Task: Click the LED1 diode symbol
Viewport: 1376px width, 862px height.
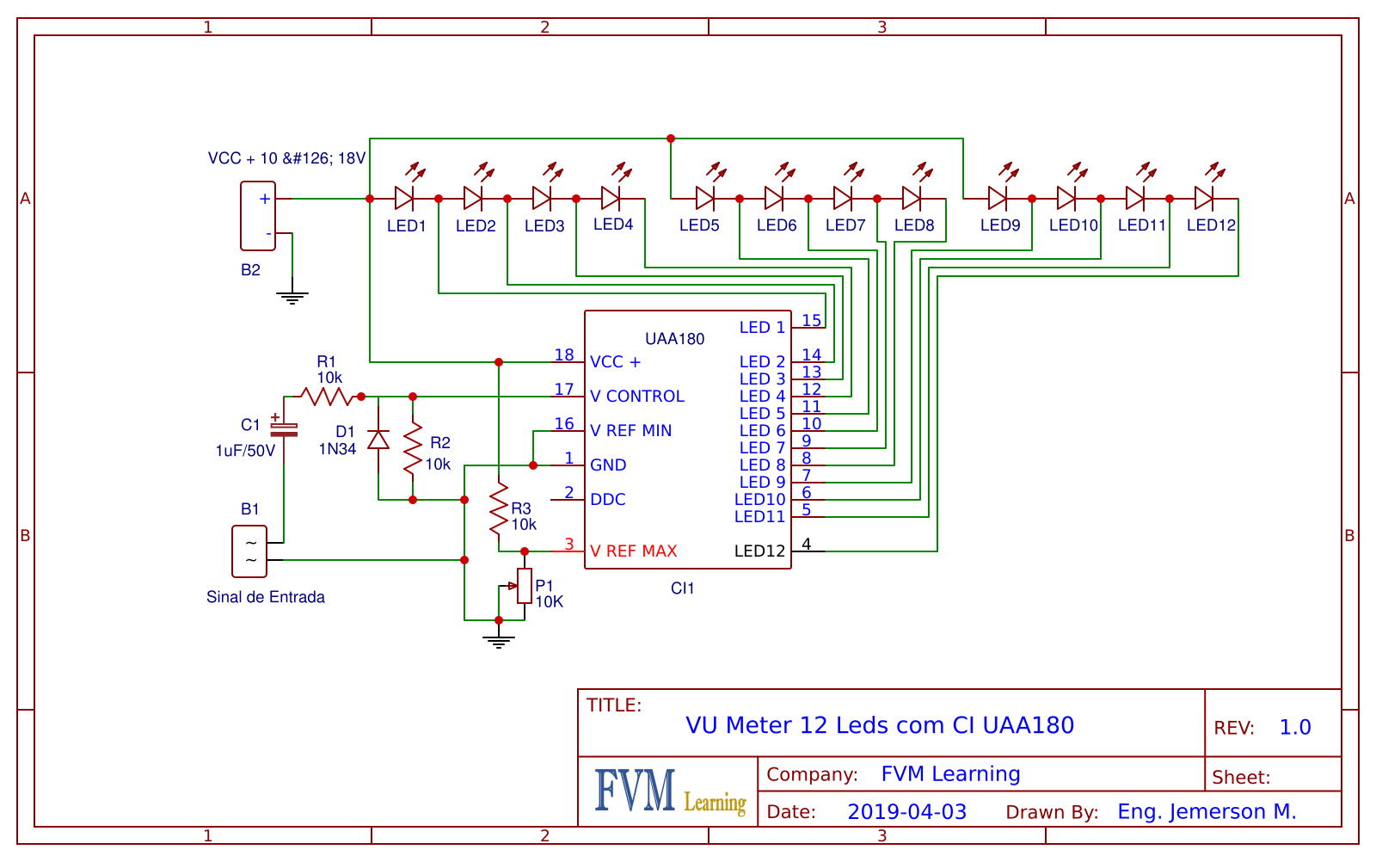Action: (x=404, y=199)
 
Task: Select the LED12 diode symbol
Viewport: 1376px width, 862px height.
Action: (x=1204, y=199)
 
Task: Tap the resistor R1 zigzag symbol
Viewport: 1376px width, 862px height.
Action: (x=327, y=397)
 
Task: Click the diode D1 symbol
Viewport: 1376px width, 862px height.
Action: (x=378, y=440)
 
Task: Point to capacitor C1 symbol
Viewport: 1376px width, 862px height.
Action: (x=284, y=428)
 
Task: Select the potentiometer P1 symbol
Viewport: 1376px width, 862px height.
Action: (x=525, y=586)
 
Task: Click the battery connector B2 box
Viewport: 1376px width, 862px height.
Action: (x=258, y=216)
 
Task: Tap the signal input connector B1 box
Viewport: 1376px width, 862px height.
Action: (x=249, y=551)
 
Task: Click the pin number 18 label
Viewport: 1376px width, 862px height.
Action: (x=564, y=354)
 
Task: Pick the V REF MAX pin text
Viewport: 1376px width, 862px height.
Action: (x=634, y=551)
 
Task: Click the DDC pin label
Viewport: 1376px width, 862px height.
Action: (x=608, y=500)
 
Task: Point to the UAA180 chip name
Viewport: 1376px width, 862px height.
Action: (x=675, y=339)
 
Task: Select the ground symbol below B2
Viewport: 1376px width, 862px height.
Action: (x=292, y=298)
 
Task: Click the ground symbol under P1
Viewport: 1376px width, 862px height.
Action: (x=499, y=640)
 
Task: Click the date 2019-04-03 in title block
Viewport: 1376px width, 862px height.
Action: (x=906, y=812)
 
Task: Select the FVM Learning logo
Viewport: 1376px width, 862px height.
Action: (x=669, y=792)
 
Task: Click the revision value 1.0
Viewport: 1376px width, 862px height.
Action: (x=1295, y=728)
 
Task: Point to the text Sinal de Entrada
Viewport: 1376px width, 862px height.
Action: (x=266, y=597)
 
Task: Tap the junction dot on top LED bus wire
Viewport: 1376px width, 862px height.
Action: (x=671, y=139)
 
